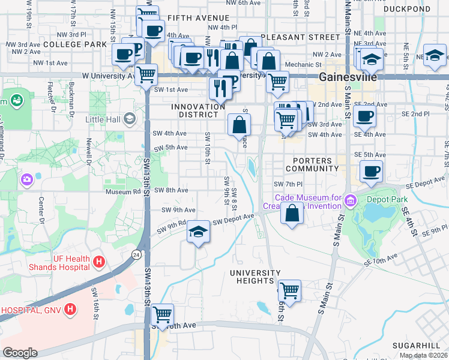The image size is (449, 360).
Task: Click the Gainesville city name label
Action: click(348, 77)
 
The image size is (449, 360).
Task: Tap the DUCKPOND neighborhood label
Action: click(407, 10)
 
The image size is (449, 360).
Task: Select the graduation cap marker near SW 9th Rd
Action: click(197, 232)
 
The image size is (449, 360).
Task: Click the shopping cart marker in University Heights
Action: click(289, 290)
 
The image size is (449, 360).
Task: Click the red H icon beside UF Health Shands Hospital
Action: click(100, 262)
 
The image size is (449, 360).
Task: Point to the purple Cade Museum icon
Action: click(350, 199)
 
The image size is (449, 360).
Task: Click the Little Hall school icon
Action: click(128, 119)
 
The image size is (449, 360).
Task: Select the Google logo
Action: click(20, 353)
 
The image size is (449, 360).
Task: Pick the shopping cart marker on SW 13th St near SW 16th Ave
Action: click(162, 314)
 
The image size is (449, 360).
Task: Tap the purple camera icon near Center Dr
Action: click(26, 179)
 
